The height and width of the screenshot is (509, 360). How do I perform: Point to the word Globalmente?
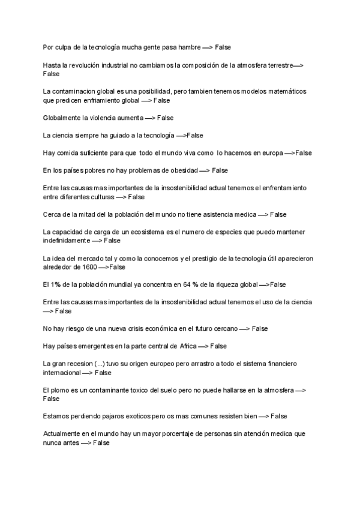pos(62,118)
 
